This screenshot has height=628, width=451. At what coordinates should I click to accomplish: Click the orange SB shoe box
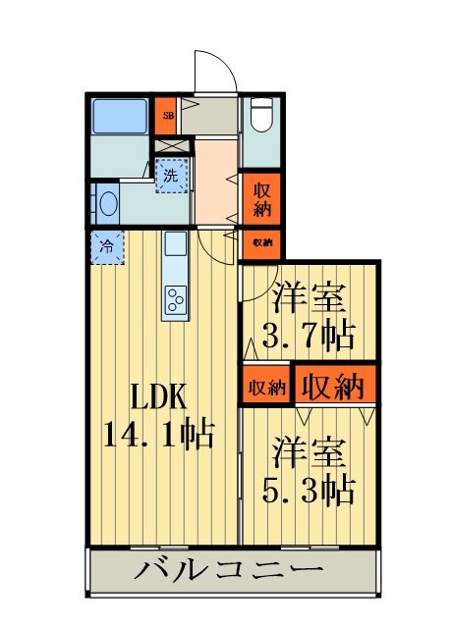click(166, 116)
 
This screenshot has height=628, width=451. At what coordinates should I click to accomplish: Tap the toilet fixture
click(261, 115)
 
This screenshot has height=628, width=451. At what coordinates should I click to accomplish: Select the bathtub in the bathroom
click(120, 116)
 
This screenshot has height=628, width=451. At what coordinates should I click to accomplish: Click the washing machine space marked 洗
click(172, 176)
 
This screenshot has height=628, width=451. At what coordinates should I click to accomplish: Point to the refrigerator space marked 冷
click(107, 247)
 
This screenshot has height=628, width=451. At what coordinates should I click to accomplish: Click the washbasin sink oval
click(107, 203)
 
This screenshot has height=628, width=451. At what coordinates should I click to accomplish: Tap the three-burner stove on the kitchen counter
click(176, 300)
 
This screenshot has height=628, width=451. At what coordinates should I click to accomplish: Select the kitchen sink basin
click(176, 243)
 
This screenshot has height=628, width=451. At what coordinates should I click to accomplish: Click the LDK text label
click(159, 396)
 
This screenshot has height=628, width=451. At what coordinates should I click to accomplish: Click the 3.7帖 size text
click(309, 335)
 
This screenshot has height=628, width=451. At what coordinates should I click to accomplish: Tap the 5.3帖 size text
click(309, 490)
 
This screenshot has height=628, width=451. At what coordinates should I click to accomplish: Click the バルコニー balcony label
click(229, 570)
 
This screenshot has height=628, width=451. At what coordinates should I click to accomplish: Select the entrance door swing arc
click(224, 61)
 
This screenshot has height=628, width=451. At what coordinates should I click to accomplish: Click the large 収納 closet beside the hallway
click(261, 199)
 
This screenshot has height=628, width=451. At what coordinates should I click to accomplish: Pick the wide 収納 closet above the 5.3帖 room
click(335, 386)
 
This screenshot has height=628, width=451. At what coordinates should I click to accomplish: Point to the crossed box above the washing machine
click(172, 145)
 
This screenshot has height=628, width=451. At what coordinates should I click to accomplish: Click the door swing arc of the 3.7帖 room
click(268, 289)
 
